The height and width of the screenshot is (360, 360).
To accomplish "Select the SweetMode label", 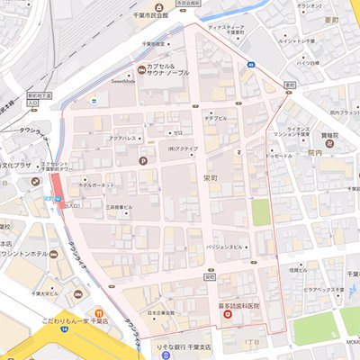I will coord(123,80).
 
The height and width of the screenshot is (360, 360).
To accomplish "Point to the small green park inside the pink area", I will coord(260,212).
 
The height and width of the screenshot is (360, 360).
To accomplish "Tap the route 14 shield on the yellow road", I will coord(65,329).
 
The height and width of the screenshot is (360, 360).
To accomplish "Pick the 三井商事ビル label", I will coord(119,207).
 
